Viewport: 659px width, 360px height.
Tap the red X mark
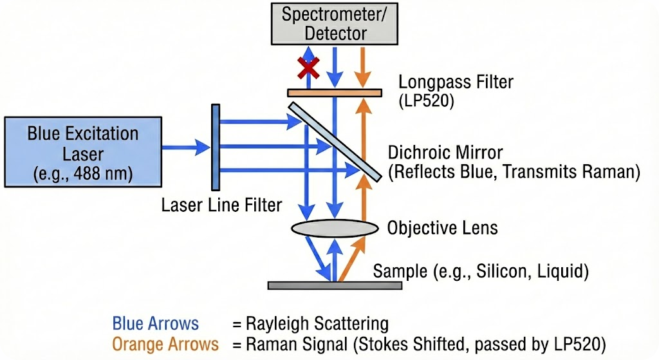308,65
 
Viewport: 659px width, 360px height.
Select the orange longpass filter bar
334,93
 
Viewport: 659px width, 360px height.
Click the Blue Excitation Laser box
82,148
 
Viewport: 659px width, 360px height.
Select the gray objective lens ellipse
334,228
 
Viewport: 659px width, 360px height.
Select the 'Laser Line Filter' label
221,205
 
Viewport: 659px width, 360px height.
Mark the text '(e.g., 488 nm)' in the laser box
82,175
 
